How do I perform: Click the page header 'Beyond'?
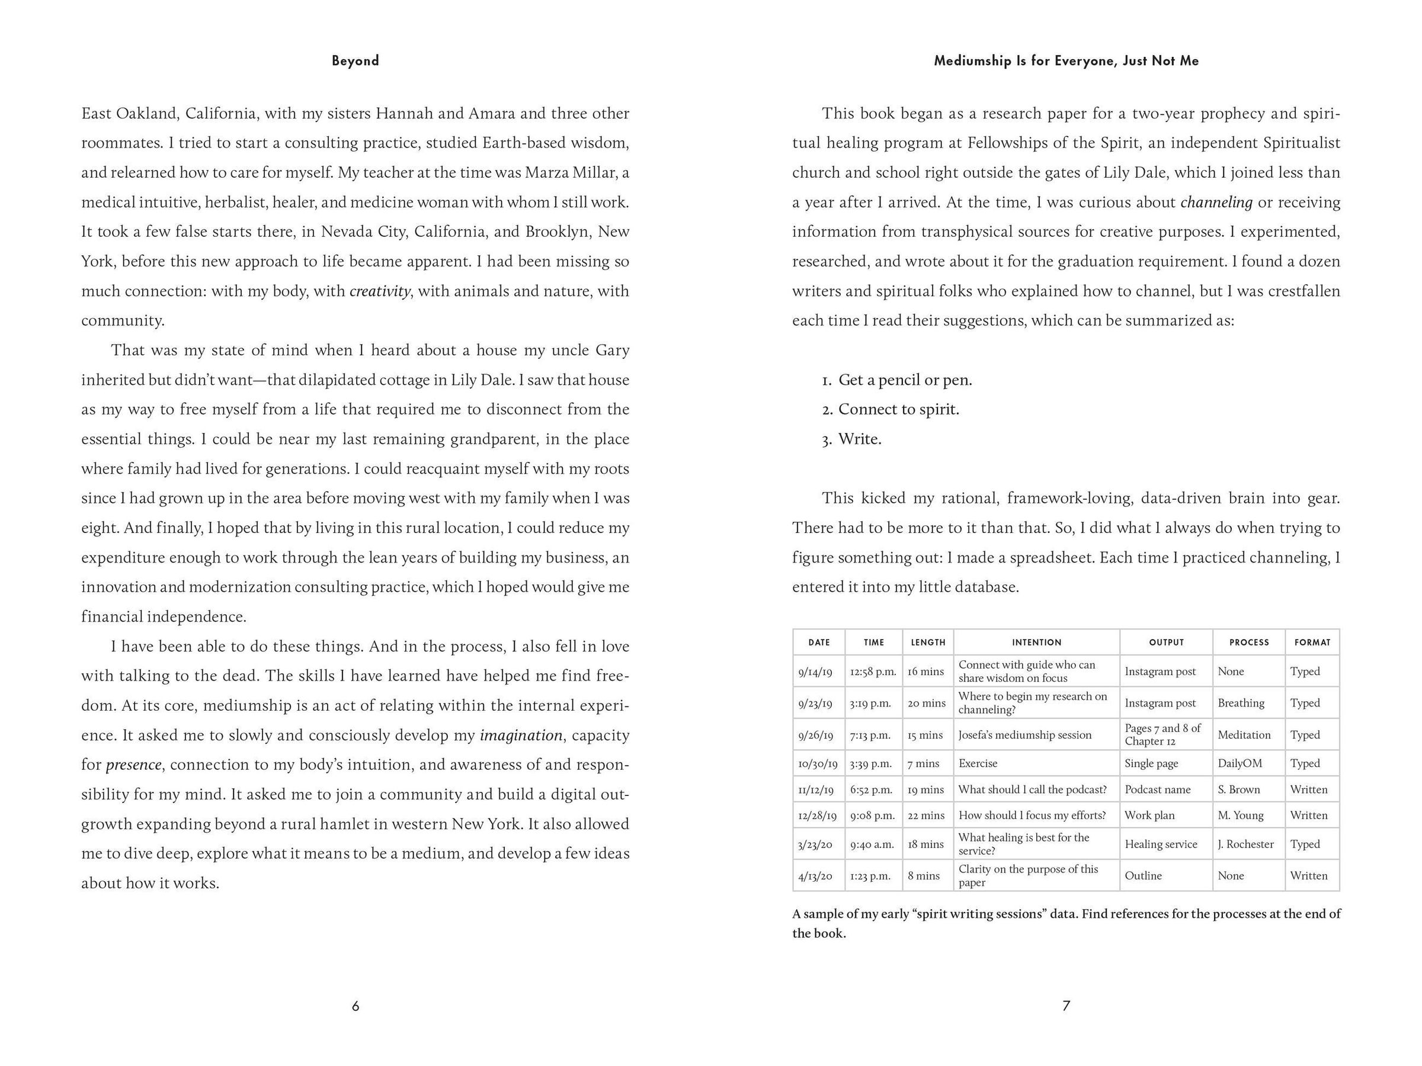(355, 60)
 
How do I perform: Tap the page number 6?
(355, 1006)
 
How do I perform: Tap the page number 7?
(1066, 1006)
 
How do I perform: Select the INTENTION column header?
(1036, 642)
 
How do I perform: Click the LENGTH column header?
(928, 642)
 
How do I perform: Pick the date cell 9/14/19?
(815, 672)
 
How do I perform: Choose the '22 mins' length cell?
(925, 815)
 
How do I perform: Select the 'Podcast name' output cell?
(1157, 789)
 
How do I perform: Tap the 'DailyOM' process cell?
(1240, 763)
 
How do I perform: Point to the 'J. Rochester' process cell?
(1245, 844)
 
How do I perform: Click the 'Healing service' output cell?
(1160, 844)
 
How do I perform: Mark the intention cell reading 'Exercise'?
(978, 763)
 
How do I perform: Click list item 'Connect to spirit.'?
(898, 409)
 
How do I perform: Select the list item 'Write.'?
(860, 439)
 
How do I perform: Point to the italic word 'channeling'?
(1216, 203)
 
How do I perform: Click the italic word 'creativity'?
(379, 291)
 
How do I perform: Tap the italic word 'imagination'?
(521, 735)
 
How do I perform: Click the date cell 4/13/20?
(815, 875)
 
